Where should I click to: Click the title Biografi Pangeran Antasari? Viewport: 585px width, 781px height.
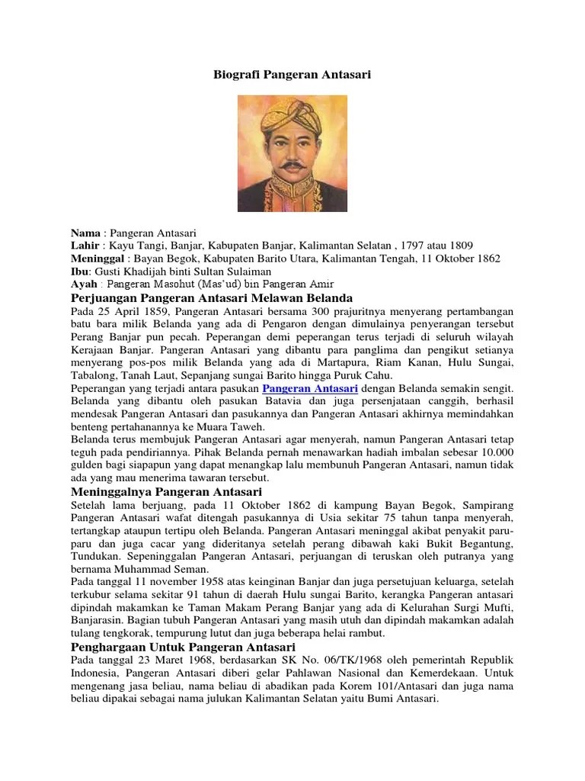click(292, 76)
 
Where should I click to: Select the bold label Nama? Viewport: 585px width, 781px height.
click(85, 231)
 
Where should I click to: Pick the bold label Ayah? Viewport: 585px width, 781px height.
click(83, 284)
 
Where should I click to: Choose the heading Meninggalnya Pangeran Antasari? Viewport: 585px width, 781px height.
click(166, 492)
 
